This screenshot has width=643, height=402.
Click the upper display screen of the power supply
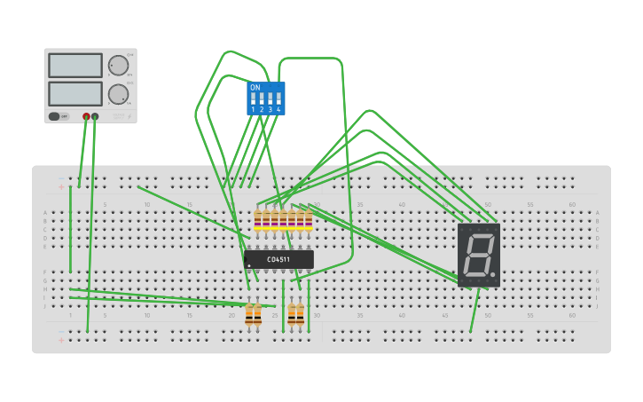[75, 65]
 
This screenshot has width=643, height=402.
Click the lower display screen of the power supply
[75, 93]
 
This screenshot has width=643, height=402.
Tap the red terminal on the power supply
[87, 116]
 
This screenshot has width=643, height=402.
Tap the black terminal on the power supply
[95, 116]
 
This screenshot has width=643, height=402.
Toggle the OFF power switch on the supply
[55, 116]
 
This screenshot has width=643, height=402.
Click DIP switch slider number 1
[253, 99]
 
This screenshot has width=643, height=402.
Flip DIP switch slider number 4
[278, 99]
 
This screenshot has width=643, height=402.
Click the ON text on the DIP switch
[255, 88]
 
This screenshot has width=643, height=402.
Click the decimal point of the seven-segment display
[493, 274]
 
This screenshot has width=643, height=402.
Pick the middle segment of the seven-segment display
[478, 255]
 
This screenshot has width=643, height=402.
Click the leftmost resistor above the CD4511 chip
[257, 220]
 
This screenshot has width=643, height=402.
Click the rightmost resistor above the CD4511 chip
[308, 220]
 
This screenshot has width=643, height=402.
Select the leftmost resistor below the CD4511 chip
[249, 314]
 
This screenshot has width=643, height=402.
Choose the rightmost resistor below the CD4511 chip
[300, 314]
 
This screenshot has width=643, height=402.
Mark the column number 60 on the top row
[572, 205]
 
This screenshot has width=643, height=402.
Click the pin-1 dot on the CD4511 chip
[249, 265]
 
